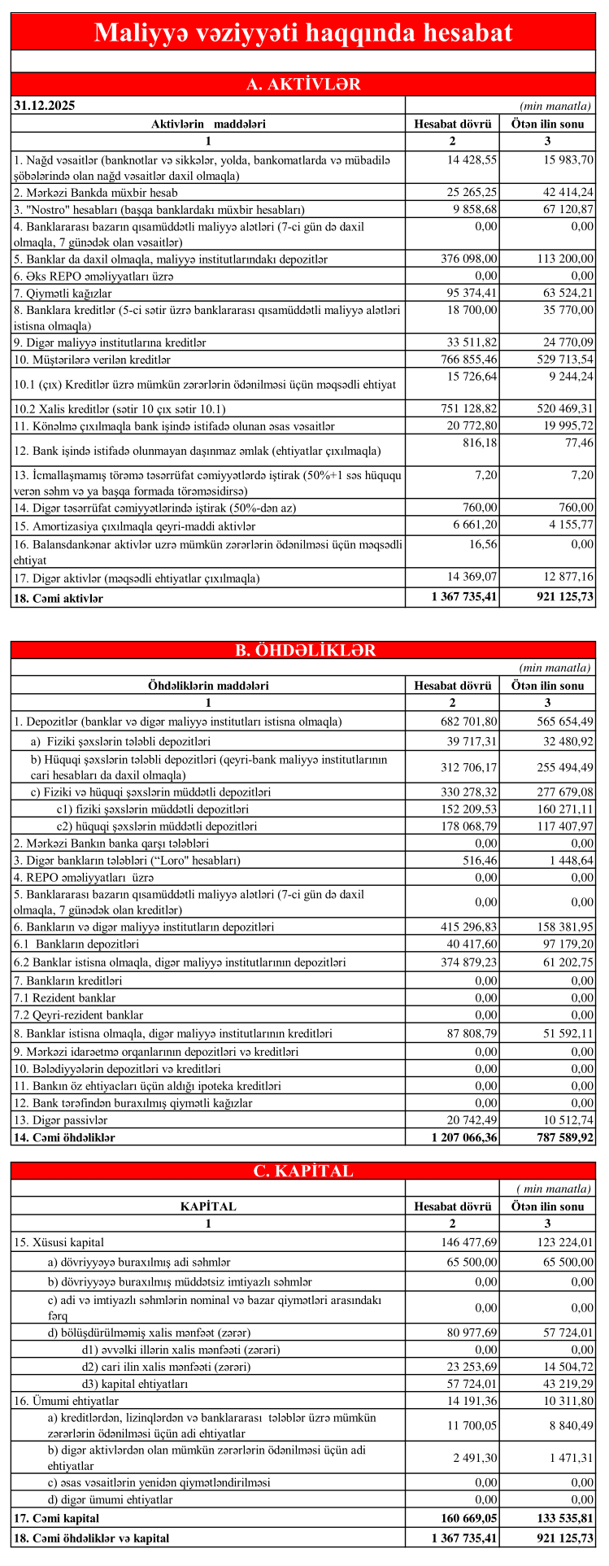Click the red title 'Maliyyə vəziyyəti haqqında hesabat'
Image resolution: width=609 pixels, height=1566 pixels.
[x=303, y=33]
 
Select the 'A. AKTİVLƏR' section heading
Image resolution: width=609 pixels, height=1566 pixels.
[x=303, y=85]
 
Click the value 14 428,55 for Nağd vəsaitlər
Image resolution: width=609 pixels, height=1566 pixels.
[x=472, y=159]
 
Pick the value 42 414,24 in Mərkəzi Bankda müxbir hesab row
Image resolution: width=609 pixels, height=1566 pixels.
[x=566, y=193]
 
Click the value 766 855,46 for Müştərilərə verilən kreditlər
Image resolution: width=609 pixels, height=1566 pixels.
[x=468, y=360]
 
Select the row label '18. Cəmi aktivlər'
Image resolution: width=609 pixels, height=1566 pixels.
[x=59, y=598]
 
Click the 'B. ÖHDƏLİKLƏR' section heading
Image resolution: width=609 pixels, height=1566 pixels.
[x=303, y=650]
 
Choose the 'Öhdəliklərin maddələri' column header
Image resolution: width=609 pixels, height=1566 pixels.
[x=208, y=686]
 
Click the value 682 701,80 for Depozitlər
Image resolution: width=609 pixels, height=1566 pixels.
[x=468, y=722]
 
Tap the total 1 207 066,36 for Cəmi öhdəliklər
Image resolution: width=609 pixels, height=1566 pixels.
[x=463, y=1138]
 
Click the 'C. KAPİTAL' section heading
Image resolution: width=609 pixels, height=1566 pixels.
[x=303, y=1171]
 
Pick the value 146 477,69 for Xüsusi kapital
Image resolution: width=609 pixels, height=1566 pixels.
[x=468, y=1242]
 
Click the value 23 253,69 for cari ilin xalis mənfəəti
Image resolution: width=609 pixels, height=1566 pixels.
[x=471, y=1366]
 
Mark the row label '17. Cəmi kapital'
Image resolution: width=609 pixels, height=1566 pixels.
[x=56, y=1518]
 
